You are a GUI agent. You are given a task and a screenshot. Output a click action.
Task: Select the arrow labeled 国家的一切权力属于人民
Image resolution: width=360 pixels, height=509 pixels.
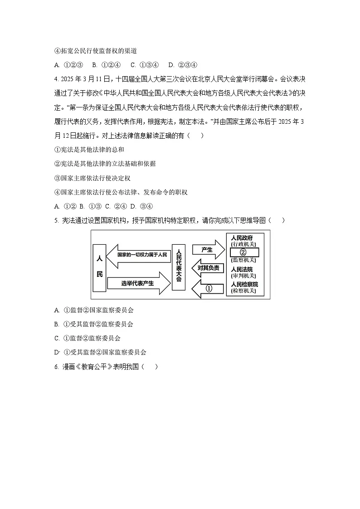(138, 255)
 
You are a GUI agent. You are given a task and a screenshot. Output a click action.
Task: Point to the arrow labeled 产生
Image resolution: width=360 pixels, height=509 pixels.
(208, 250)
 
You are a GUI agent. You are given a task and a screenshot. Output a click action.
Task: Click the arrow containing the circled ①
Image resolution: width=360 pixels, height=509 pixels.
(208, 288)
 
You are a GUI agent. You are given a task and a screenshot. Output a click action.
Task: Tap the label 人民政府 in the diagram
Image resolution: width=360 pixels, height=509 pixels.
(242, 238)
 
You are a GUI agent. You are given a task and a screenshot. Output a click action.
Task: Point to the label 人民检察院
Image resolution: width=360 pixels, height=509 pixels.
(244, 284)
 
